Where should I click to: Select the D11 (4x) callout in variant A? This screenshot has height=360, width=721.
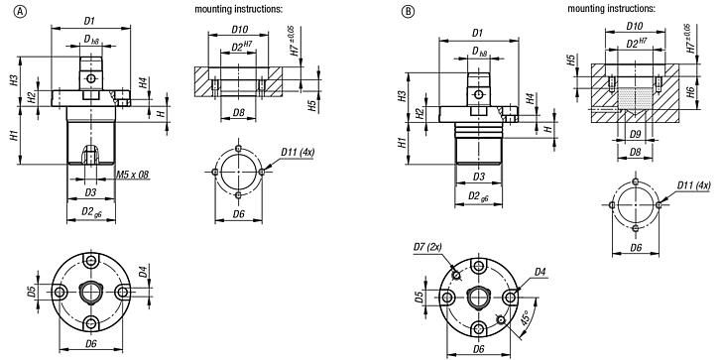(300, 151)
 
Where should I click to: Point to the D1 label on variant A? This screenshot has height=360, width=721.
(89, 20)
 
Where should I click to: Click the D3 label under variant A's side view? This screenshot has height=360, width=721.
(90, 191)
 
